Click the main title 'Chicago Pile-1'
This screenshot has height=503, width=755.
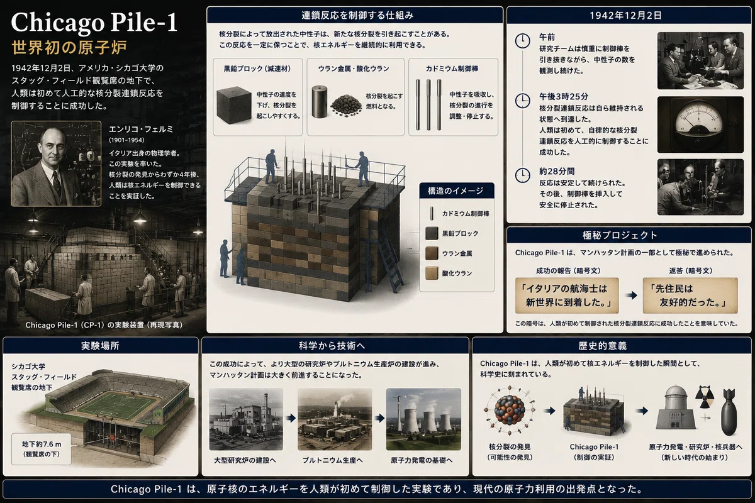point(94,22)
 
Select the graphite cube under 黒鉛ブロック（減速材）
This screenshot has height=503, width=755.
point(234,104)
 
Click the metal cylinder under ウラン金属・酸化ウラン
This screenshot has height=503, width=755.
point(319,101)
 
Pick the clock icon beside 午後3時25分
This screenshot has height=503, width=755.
point(522,101)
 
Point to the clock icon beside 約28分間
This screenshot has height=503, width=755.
point(522,175)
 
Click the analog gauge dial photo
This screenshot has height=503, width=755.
point(700,124)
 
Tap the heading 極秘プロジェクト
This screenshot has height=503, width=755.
point(620,235)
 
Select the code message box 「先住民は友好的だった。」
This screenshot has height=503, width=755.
point(690,296)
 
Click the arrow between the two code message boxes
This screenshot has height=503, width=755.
point(631,296)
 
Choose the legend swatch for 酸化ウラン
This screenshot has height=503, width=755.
point(432,274)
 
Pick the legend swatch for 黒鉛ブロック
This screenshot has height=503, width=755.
point(432,233)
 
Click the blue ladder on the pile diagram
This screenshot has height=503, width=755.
point(389,259)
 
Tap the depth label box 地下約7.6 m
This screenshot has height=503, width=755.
point(42,449)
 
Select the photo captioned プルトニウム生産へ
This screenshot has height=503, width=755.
point(335,419)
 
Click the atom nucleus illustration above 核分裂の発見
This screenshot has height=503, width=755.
point(509,411)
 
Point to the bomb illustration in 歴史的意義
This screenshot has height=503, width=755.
point(729,412)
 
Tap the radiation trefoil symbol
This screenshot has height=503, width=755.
point(705,397)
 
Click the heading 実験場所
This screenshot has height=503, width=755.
point(100,346)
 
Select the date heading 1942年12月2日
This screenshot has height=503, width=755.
point(625,16)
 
